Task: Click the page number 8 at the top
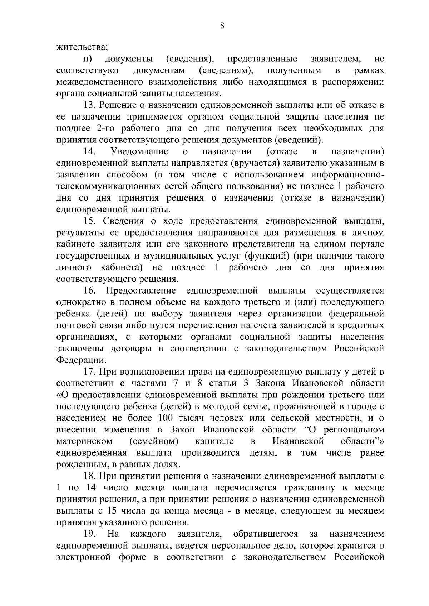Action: pyautogui.click(x=222, y=25)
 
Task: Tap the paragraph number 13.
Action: pyautogui.click(x=89, y=105)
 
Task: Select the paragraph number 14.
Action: pyautogui.click(x=89, y=151)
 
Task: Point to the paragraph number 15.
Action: pyautogui.click(x=89, y=221)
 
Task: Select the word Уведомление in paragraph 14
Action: pyautogui.click(x=139, y=151)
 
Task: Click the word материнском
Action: pyautogui.click(x=84, y=441)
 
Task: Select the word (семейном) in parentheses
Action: pyautogui.click(x=154, y=441)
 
